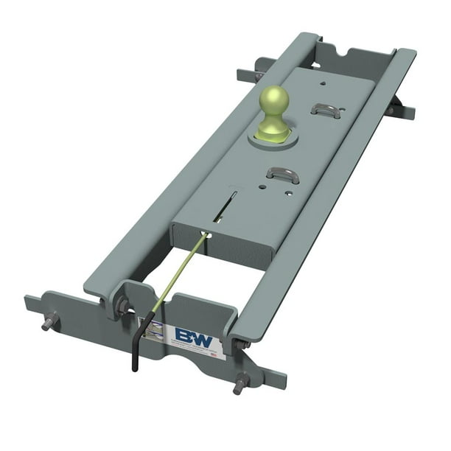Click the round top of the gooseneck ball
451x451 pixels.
pyautogui.click(x=273, y=97)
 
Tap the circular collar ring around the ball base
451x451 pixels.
pyautogui.click(x=273, y=137)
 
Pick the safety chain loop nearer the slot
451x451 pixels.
pyautogui.click(x=282, y=175)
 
